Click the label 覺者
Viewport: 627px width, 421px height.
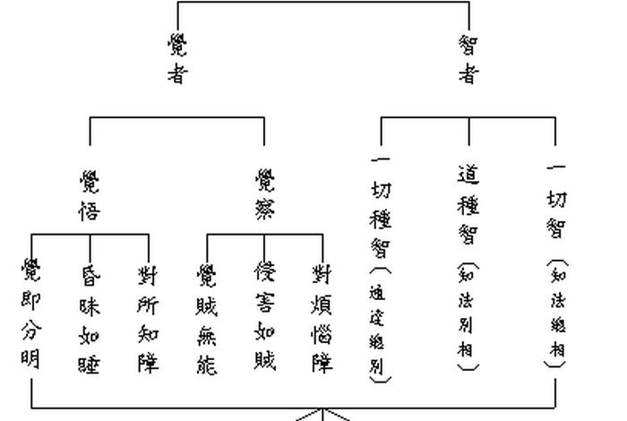(177, 57)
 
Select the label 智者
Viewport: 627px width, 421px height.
(468, 59)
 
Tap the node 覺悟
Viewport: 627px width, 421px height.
(90, 196)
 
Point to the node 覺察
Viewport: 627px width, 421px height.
(265, 195)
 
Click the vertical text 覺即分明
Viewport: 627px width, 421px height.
(31, 313)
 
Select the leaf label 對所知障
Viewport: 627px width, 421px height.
(148, 318)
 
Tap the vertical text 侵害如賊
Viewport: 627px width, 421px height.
(265, 316)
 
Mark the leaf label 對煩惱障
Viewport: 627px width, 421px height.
(322, 318)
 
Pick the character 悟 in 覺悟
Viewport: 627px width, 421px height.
(90, 211)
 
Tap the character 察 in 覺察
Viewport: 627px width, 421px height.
(265, 210)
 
